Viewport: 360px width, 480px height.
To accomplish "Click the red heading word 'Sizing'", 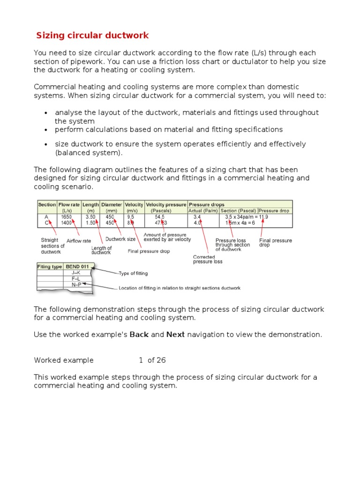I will pyautogui.click(x=51, y=36).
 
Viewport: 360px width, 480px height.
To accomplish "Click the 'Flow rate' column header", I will pyautogui.click(x=69, y=205).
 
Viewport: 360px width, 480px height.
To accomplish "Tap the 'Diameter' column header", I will pyautogui.click(x=112, y=205).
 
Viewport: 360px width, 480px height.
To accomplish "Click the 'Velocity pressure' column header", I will pyautogui.click(x=165, y=205).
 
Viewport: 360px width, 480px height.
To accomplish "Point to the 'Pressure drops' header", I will pyautogui.click(x=206, y=205).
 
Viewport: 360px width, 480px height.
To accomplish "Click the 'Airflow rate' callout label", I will pyautogui.click(x=79, y=241).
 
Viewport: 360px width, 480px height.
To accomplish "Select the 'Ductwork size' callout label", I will pyautogui.click(x=120, y=239).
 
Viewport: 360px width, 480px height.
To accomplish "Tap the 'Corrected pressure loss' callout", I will pyautogui.click(x=208, y=259).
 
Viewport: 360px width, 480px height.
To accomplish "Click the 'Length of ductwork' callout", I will pyautogui.click(x=102, y=250).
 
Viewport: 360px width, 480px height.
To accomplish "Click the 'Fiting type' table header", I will pyautogui.click(x=50, y=267).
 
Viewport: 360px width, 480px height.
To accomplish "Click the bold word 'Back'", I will pyautogui.click(x=139, y=335).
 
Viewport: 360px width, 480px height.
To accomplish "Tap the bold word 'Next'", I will pyautogui.click(x=175, y=335).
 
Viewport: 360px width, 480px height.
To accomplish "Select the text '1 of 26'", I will pyautogui.click(x=152, y=360).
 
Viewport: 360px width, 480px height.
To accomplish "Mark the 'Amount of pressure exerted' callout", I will pyautogui.click(x=165, y=237).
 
